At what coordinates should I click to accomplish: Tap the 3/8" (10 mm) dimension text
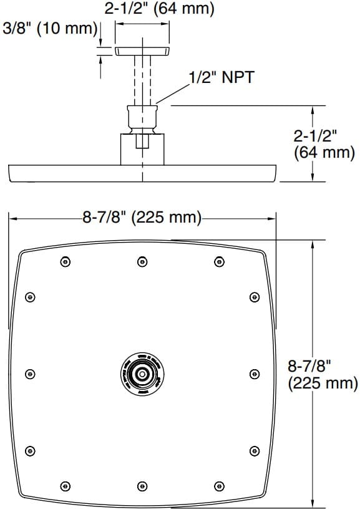(x=50, y=29)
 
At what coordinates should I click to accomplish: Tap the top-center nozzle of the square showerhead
(x=142, y=262)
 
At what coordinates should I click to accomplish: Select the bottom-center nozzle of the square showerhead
(x=142, y=485)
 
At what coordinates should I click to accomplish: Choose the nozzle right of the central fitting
(x=254, y=374)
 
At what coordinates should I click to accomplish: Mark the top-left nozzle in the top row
(x=66, y=262)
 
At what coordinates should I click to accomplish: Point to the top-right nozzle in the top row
(x=218, y=262)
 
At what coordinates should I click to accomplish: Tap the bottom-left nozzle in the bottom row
(x=66, y=485)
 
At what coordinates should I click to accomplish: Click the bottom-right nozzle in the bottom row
(x=218, y=485)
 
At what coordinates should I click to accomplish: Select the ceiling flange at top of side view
(x=142, y=51)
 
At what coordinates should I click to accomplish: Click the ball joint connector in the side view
(x=142, y=117)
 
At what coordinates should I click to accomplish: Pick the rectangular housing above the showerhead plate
(x=142, y=148)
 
